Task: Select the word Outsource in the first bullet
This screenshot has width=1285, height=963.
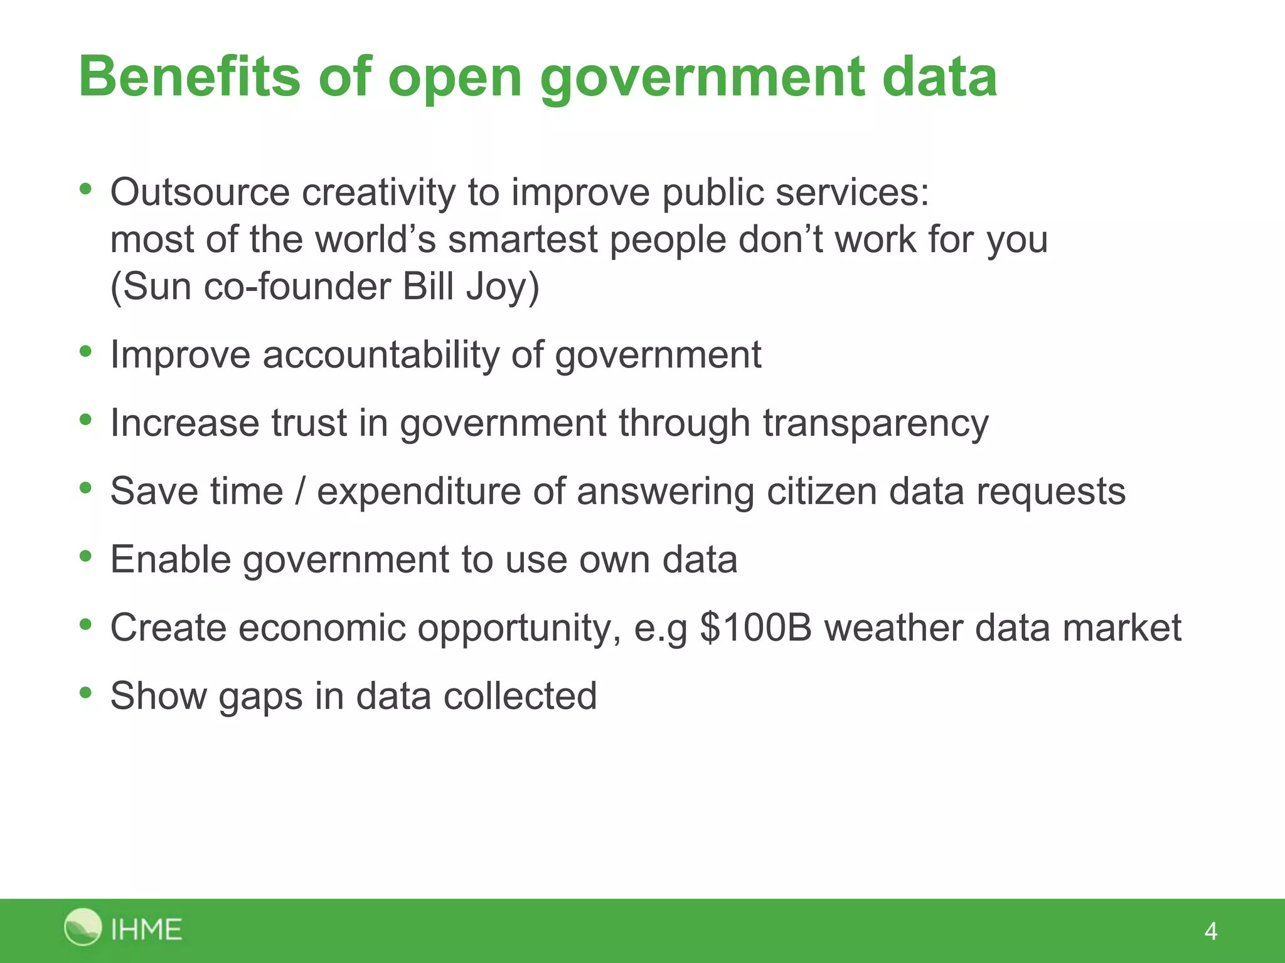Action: [x=200, y=192]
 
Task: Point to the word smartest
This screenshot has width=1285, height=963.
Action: [x=523, y=239]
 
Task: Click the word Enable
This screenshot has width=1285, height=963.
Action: [x=170, y=559]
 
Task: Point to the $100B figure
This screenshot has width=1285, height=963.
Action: [x=756, y=628]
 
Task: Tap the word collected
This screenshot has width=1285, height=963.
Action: [x=520, y=696]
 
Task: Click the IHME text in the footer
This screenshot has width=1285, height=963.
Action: [x=146, y=929]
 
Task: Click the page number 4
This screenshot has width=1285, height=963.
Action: [x=1210, y=931]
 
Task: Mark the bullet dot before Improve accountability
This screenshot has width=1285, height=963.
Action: [x=86, y=352]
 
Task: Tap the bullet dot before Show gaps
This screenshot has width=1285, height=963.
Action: [x=86, y=693]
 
